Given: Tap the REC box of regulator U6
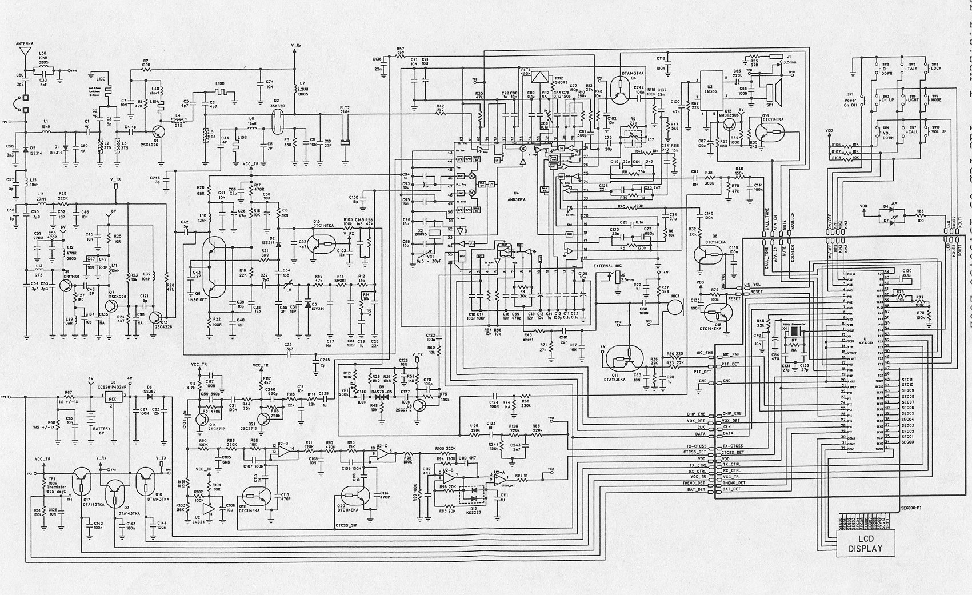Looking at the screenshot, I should click(113, 399).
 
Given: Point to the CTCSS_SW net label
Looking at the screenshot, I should click(346, 525).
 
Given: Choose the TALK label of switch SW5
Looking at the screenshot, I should click(913, 68).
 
